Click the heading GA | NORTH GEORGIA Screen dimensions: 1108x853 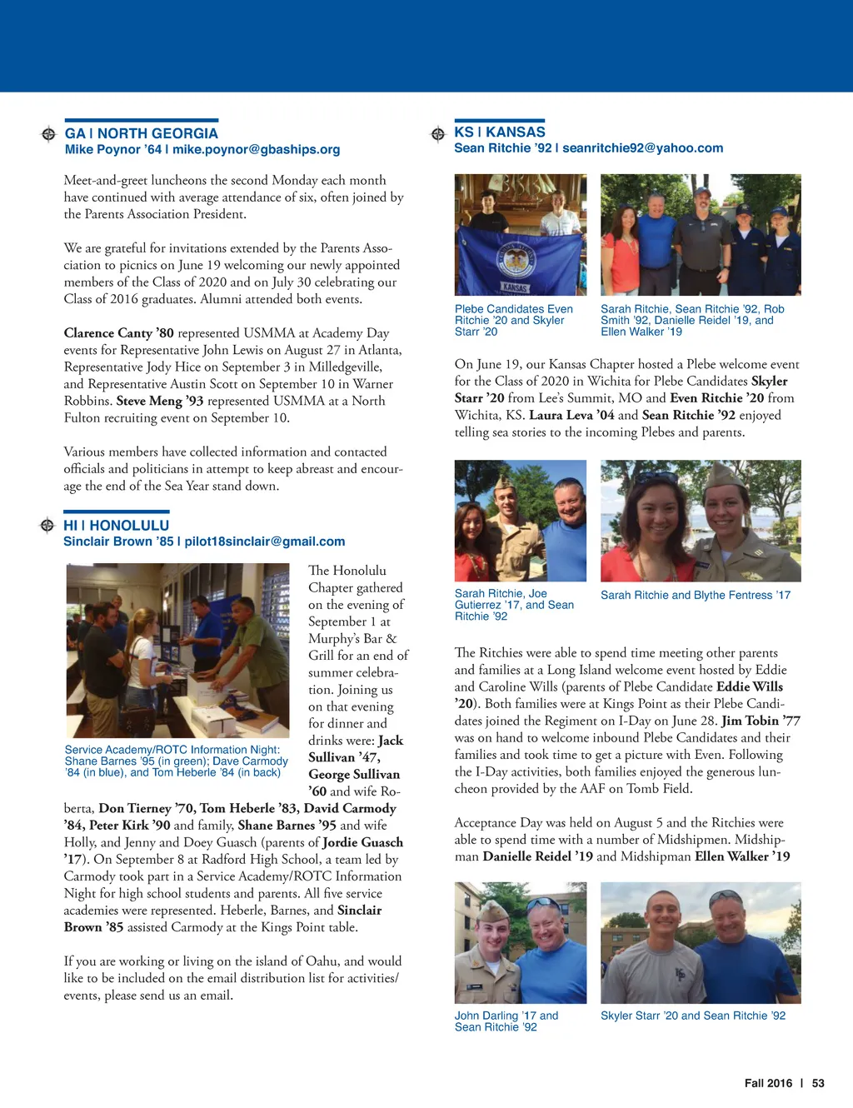click(141, 133)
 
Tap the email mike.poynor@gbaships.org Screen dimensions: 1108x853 click(256, 150)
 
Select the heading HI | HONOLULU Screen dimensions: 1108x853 click(117, 526)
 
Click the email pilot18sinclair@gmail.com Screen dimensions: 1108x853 click(264, 542)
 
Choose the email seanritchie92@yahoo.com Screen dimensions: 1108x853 click(642, 148)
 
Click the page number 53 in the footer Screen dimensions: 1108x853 click(818, 1083)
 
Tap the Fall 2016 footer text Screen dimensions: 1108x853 click(768, 1083)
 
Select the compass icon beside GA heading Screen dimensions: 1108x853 click(48, 134)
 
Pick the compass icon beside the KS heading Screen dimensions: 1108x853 click(438, 134)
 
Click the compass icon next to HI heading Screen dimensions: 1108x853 click(47, 525)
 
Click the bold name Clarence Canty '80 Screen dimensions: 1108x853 click(119, 333)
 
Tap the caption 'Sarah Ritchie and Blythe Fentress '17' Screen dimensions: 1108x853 click(695, 595)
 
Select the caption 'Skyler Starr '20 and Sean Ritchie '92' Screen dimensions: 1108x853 click(692, 1016)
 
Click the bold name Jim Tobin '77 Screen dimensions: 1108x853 click(761, 721)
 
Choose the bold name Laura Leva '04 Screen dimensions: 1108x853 click(571, 415)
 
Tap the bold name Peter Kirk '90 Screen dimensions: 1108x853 click(129, 826)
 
